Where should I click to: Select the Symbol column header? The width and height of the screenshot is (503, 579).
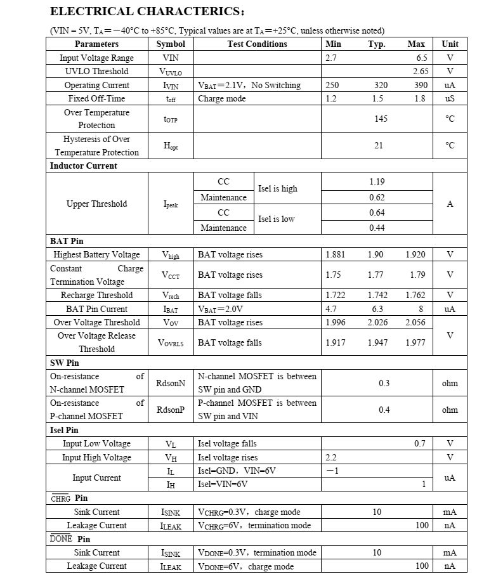[171, 44]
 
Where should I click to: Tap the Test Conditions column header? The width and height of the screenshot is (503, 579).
[257, 44]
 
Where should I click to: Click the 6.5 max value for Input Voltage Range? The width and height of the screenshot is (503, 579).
[422, 58]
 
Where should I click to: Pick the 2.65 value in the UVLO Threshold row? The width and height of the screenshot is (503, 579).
[421, 71]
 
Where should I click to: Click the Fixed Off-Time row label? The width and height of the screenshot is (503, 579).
[96, 98]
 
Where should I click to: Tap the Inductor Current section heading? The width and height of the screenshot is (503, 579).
[84, 166]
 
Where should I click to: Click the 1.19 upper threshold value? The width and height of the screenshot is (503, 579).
[377, 181]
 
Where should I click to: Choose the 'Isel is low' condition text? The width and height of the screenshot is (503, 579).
[277, 219]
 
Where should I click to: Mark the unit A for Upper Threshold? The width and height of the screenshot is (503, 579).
[450, 204]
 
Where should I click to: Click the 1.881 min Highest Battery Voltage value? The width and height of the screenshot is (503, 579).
[335, 254]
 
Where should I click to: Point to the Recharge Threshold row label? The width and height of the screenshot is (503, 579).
[96, 295]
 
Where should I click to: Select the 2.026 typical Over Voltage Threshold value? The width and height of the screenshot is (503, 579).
[378, 322]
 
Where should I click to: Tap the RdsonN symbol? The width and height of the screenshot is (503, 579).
[171, 383]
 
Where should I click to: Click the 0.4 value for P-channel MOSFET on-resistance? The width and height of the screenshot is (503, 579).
[384, 410]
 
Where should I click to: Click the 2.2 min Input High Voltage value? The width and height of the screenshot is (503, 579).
[331, 457]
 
